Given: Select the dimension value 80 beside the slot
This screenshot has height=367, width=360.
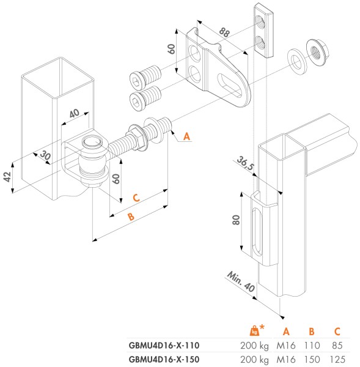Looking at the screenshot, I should click(236, 220).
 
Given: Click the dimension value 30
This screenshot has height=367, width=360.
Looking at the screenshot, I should click(45, 157).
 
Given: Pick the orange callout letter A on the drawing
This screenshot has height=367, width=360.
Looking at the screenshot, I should click(187, 136).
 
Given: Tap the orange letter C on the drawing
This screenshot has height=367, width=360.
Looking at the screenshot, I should click(138, 197).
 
